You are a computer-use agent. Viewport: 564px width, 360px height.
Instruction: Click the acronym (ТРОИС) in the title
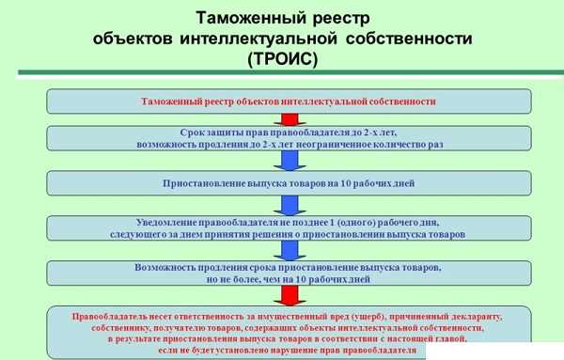click(283, 59)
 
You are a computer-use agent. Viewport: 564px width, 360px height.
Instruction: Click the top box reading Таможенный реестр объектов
click(289, 101)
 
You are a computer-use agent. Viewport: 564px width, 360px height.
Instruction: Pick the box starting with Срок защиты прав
click(289, 139)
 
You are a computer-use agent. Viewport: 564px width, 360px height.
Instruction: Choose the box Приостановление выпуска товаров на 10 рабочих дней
click(289, 183)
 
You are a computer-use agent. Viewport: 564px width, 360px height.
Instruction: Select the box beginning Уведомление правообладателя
click(289, 227)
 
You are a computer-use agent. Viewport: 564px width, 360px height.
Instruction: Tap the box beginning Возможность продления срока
click(289, 273)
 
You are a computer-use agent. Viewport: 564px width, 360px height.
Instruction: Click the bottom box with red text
click(289, 331)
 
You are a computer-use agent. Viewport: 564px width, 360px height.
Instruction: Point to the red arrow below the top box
click(290, 119)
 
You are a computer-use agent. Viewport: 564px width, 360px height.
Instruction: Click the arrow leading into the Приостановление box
click(290, 162)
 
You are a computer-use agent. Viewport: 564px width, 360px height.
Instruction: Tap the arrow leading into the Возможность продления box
click(290, 250)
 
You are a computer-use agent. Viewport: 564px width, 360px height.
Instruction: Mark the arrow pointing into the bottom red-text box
click(290, 295)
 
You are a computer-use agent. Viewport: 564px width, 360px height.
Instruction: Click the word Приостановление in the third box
click(197, 183)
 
